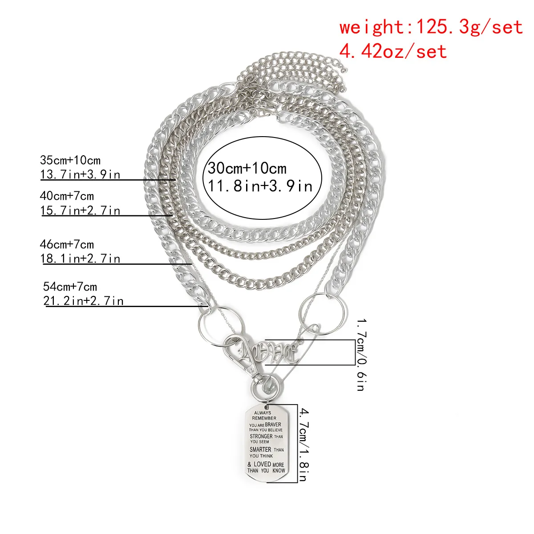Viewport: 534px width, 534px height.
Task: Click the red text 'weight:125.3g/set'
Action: point(431,28)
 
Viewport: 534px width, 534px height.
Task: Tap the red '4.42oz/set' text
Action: point(393,51)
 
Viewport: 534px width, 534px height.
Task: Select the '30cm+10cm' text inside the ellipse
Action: point(247,169)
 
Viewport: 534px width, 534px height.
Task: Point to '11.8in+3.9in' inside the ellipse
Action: point(260,185)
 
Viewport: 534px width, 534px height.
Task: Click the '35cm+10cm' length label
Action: point(70,160)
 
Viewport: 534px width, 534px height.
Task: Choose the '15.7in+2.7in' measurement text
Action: point(81,210)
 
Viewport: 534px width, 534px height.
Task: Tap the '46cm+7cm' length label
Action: point(67,244)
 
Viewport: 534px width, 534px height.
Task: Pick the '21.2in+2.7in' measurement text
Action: point(83,301)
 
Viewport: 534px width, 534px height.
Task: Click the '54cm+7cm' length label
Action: point(70,286)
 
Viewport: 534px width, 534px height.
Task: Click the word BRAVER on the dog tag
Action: point(273,425)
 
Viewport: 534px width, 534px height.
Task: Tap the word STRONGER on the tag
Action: point(261,437)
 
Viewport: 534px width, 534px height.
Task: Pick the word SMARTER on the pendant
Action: point(260,449)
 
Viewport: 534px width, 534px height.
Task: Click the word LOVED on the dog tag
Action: point(262,464)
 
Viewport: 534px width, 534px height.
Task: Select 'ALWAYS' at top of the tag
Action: point(263,413)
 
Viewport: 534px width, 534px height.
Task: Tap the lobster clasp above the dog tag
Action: point(243,356)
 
